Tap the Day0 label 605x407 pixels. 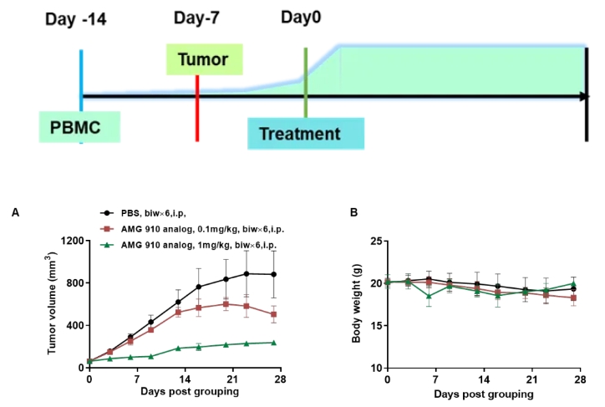pos(302,17)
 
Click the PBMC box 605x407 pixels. pos(79,129)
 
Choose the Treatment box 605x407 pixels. pos(305,134)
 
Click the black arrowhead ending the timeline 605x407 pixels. pos(584,96)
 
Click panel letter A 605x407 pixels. pos(15,214)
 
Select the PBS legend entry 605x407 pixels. pos(152,215)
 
